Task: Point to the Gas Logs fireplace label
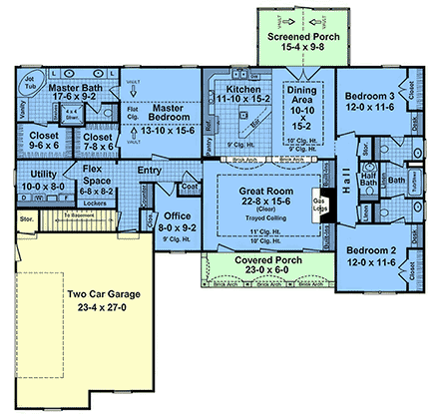pyautogui.click(x=324, y=204)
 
